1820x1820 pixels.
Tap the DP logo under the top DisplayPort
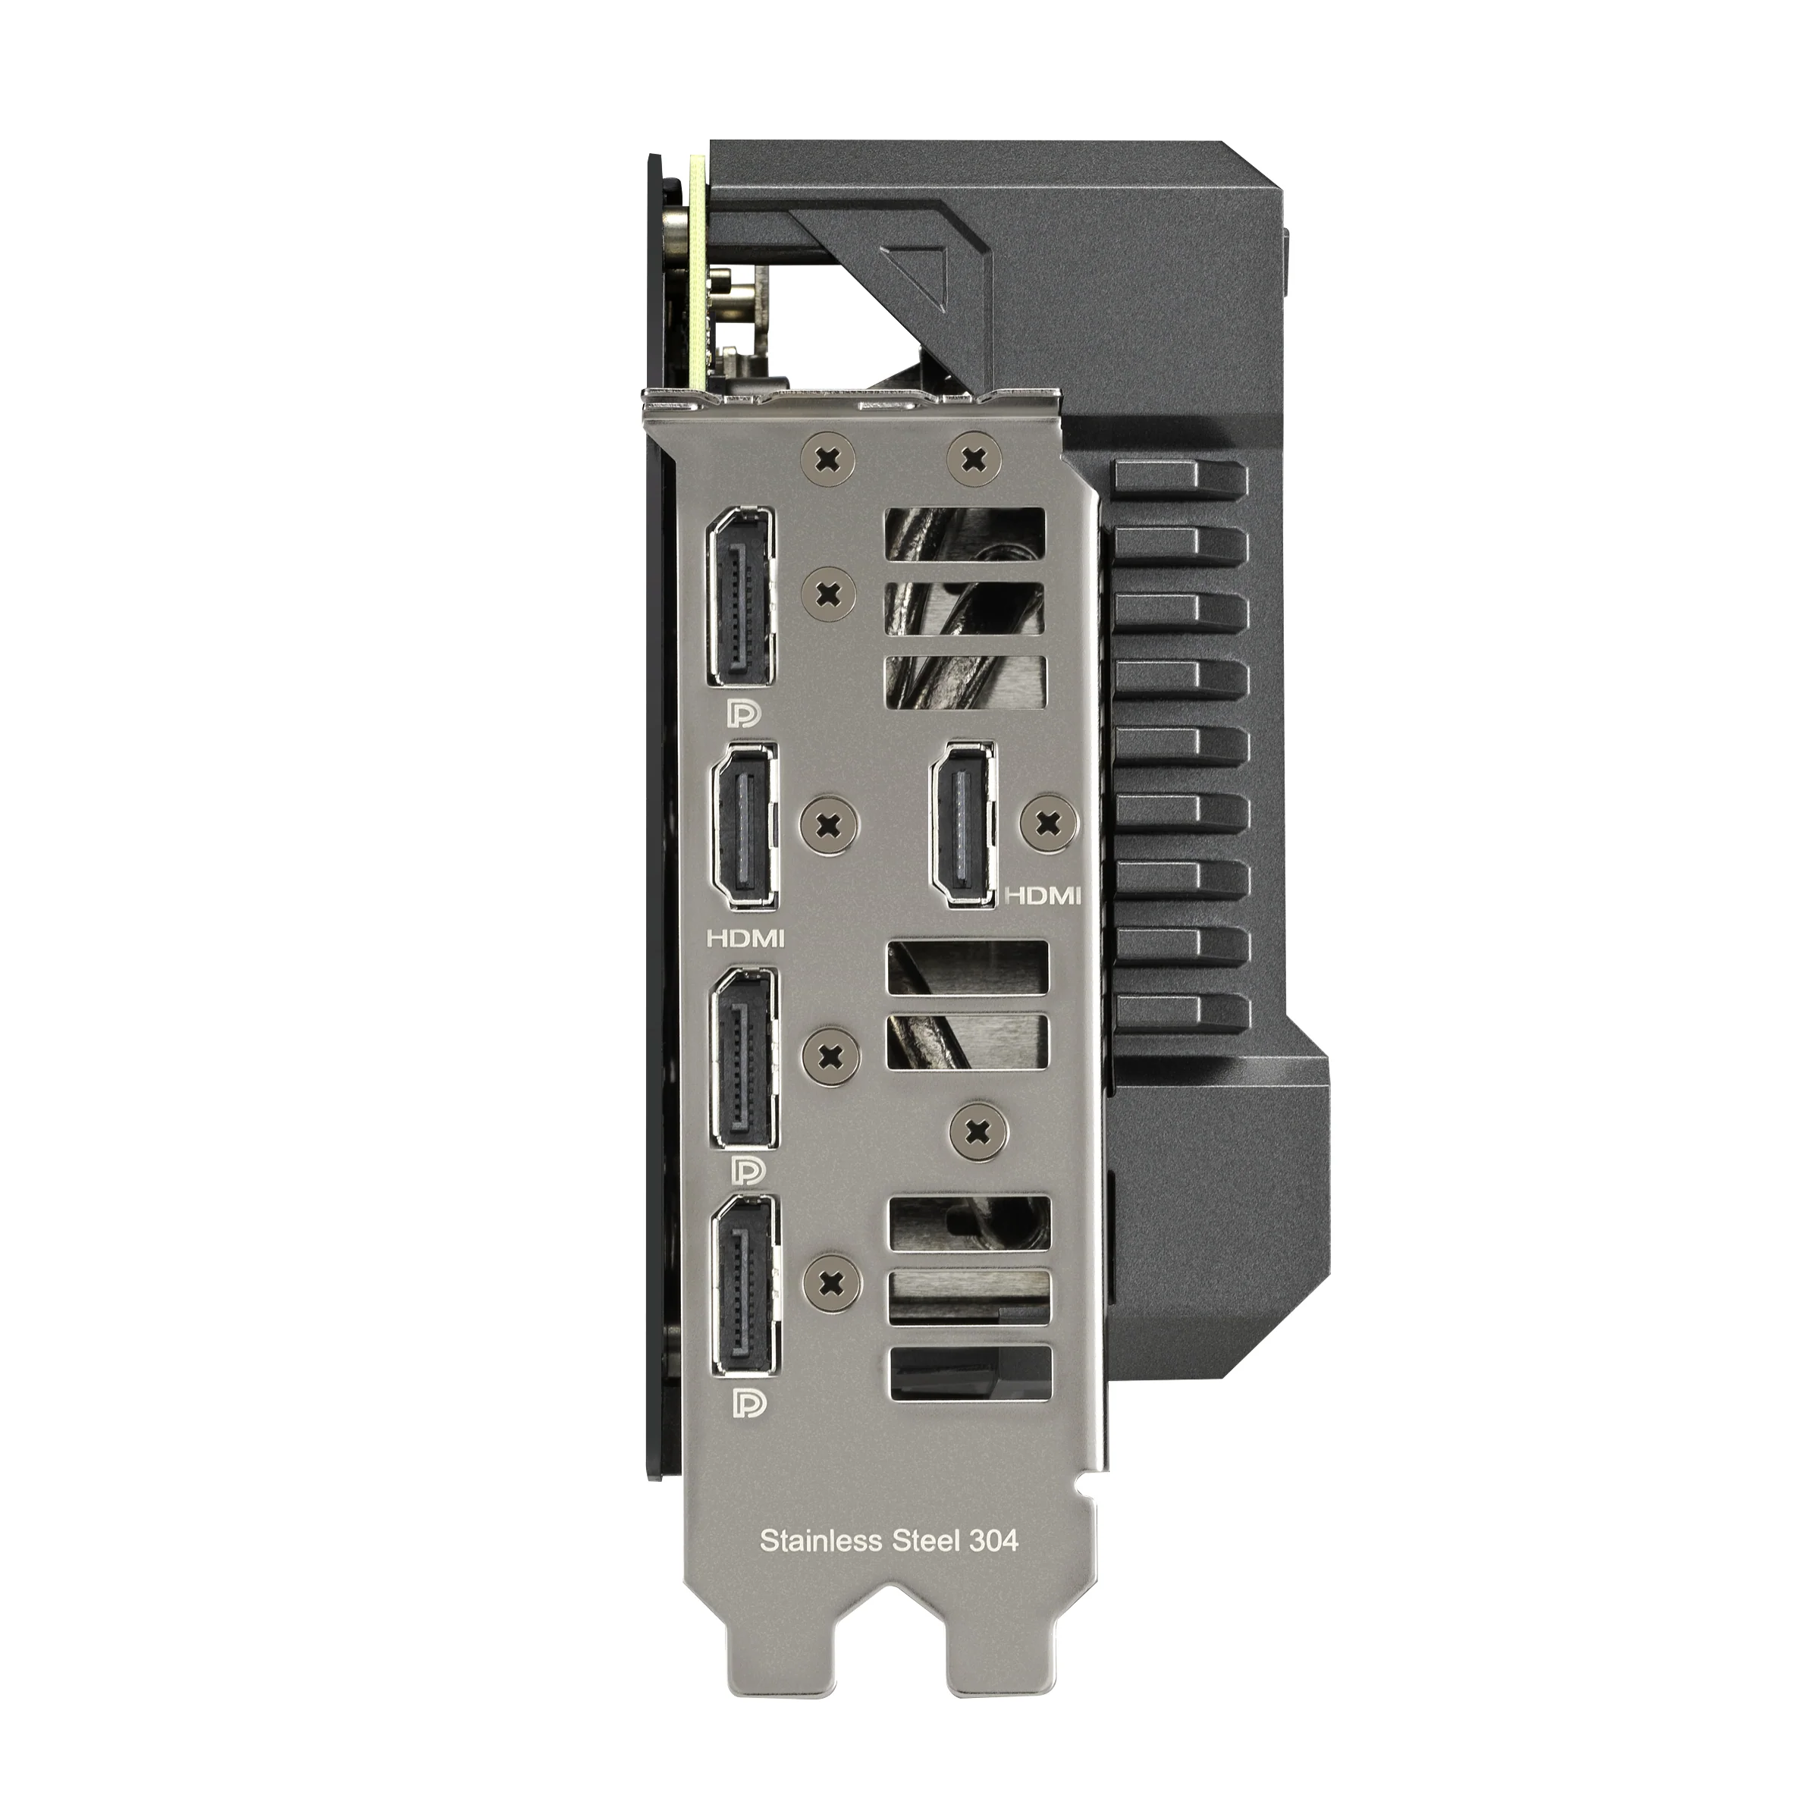click(x=744, y=713)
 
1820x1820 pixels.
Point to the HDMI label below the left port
click(x=746, y=937)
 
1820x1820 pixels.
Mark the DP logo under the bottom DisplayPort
click(x=750, y=1404)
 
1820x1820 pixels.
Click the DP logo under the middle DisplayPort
click(x=750, y=1171)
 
